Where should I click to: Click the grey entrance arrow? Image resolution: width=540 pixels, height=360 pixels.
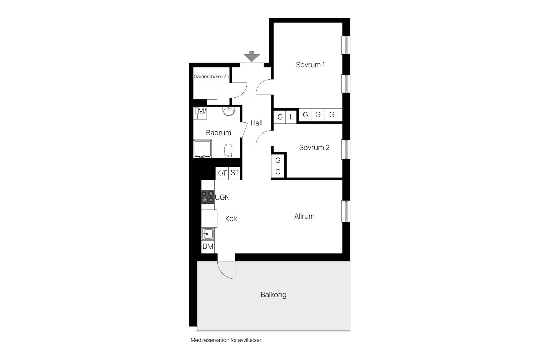coord(252,56)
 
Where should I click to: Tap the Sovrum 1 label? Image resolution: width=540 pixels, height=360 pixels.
coord(310,65)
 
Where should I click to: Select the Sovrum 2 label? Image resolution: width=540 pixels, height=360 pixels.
coord(314,147)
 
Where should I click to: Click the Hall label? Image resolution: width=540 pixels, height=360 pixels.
coord(256,123)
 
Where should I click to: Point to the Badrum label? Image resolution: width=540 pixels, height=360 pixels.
coord(219,132)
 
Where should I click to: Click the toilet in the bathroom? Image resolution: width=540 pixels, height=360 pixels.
coord(228,151)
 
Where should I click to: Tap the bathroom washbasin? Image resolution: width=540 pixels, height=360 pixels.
coord(228,111)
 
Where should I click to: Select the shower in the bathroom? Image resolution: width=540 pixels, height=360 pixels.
coord(203,149)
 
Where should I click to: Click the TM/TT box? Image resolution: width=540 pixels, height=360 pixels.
coord(200,113)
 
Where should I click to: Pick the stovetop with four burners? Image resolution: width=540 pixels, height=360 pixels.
coord(208,197)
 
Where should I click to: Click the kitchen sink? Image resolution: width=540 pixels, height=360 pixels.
coord(208,234)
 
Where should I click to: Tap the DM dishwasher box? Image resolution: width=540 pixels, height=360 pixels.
coord(208,247)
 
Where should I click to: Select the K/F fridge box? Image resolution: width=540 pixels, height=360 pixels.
coord(222,173)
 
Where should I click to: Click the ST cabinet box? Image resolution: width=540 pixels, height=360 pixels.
coord(235,173)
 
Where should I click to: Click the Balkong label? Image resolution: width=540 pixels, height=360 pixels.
coord(273,295)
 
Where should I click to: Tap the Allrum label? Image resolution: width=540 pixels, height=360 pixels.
coord(304,216)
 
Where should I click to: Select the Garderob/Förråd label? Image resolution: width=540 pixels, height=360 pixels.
coord(211,76)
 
